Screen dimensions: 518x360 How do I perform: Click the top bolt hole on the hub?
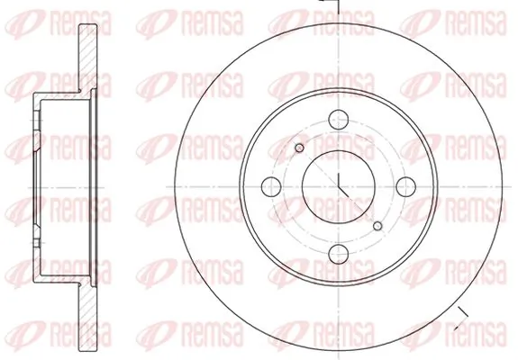pyautogui.click(x=339, y=119)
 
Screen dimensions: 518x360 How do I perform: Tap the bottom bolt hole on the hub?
pyautogui.click(x=339, y=254)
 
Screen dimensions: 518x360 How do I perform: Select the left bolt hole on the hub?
pyautogui.click(x=271, y=187)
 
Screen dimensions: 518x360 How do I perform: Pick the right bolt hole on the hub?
pyautogui.click(x=405, y=187)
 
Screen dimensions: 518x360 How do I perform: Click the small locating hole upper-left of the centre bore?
pyautogui.click(x=300, y=148)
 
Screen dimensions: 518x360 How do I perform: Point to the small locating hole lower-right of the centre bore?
pyautogui.click(x=377, y=226)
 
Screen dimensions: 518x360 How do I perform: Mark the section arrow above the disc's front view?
pyautogui.click(x=330, y=4)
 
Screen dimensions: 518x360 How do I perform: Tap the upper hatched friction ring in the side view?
pyautogui.click(x=88, y=58)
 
